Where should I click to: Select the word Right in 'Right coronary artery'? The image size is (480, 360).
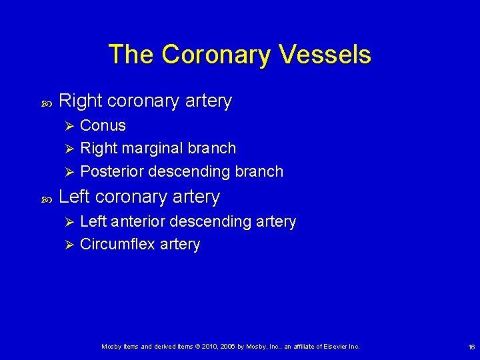point(80,101)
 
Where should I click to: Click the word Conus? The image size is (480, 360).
point(103,125)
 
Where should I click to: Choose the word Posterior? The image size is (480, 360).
point(111,171)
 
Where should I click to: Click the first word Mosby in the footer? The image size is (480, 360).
point(111,347)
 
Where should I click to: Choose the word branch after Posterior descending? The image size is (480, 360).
point(259,171)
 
